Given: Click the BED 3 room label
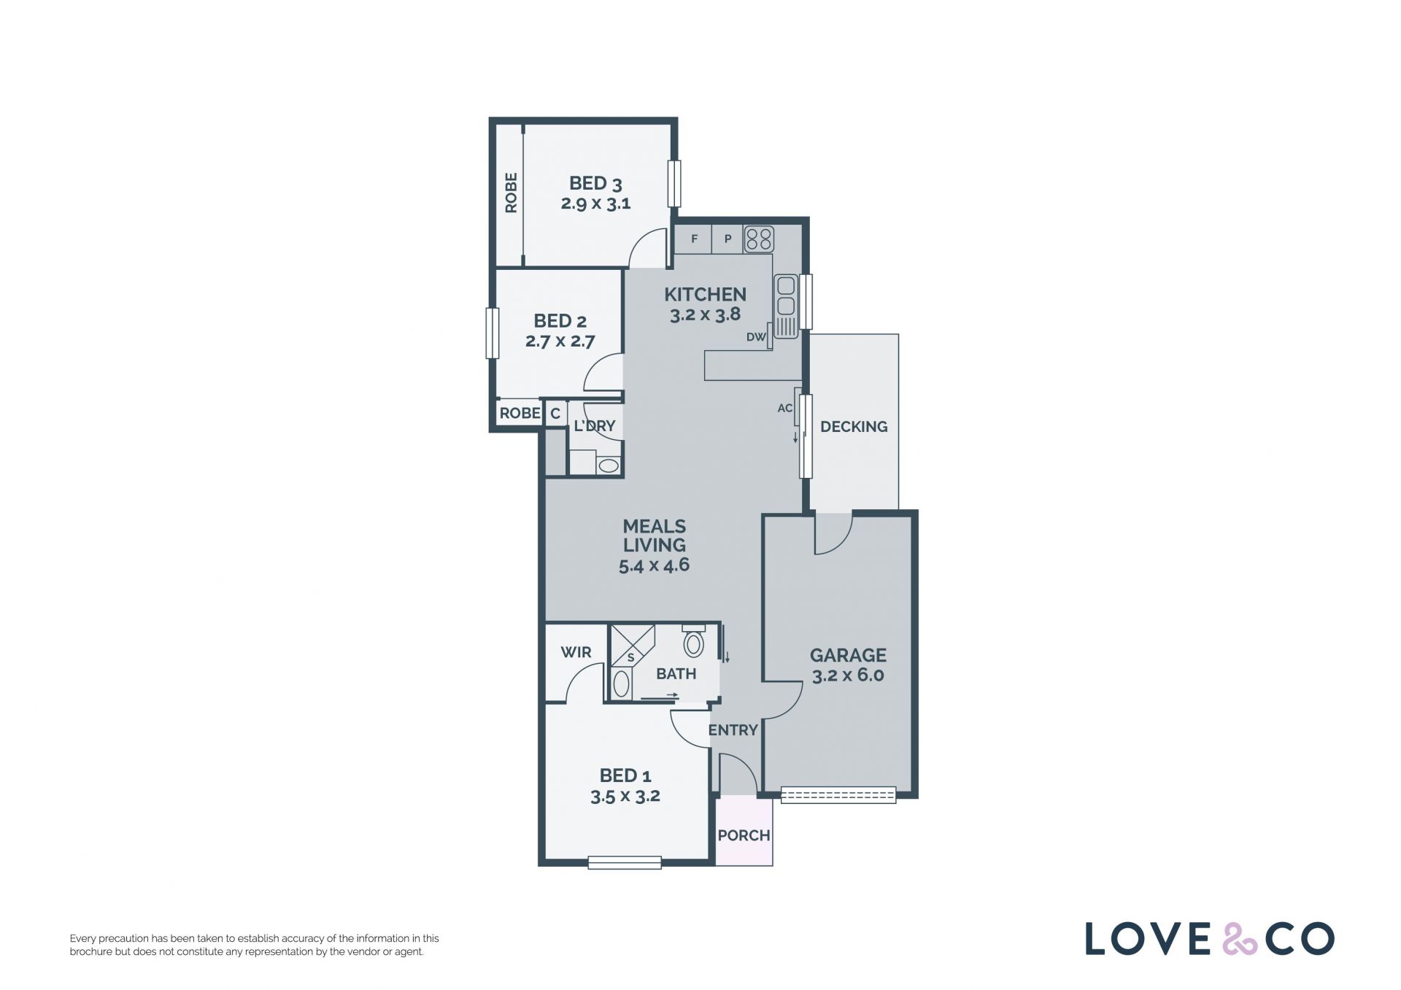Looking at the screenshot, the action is pos(595,183).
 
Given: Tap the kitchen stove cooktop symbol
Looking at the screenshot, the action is pos(759,239).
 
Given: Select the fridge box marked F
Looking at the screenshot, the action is pos(694,239).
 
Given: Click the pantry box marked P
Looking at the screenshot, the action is pos(727,239).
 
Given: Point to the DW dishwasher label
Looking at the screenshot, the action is pos(756,337).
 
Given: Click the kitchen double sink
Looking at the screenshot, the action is pos(786,306).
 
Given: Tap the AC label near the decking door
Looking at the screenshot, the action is pos(784,409).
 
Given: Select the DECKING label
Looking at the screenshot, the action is pos(854,427).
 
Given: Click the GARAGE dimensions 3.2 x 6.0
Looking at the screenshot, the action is pos(848,676).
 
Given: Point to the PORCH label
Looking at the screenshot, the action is pos(744,835).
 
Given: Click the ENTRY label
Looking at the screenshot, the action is pos(733,730).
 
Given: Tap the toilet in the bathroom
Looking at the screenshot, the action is pos(693,641).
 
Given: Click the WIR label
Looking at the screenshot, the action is pos(576,652).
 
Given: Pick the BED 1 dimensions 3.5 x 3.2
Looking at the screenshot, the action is pos(625,797).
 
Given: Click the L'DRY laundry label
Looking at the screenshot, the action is pos(595,426).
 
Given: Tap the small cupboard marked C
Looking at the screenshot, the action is pos(555,414).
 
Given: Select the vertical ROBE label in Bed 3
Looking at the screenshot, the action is pos(511,193).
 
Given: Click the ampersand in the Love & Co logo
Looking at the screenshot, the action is pos(1239,939).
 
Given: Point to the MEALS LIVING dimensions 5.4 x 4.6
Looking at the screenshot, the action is pos(654,565).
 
